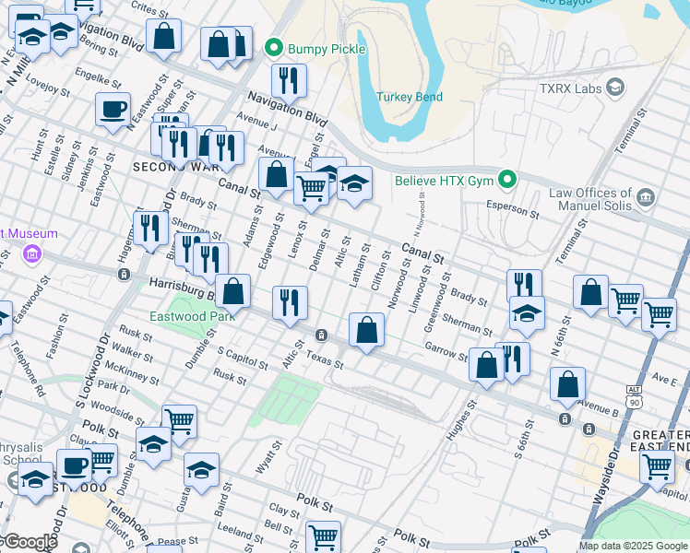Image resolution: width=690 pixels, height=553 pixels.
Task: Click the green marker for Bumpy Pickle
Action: (x=273, y=48)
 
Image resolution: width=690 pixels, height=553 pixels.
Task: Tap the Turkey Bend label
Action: (x=409, y=97)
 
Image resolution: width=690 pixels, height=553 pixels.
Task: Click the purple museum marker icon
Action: (x=31, y=253)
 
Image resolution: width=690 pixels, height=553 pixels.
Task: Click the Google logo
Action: (x=29, y=542)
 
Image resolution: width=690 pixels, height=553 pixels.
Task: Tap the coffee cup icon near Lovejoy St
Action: (x=113, y=110)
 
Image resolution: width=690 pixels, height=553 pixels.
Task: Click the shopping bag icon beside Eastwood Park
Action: (x=233, y=291)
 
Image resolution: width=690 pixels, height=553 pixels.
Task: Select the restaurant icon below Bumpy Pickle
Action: (x=289, y=81)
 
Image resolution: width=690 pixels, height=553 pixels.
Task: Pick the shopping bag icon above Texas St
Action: (x=366, y=330)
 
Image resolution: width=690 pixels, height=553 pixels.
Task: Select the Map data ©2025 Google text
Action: (x=634, y=546)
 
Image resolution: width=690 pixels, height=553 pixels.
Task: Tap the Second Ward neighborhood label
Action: (x=176, y=167)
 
